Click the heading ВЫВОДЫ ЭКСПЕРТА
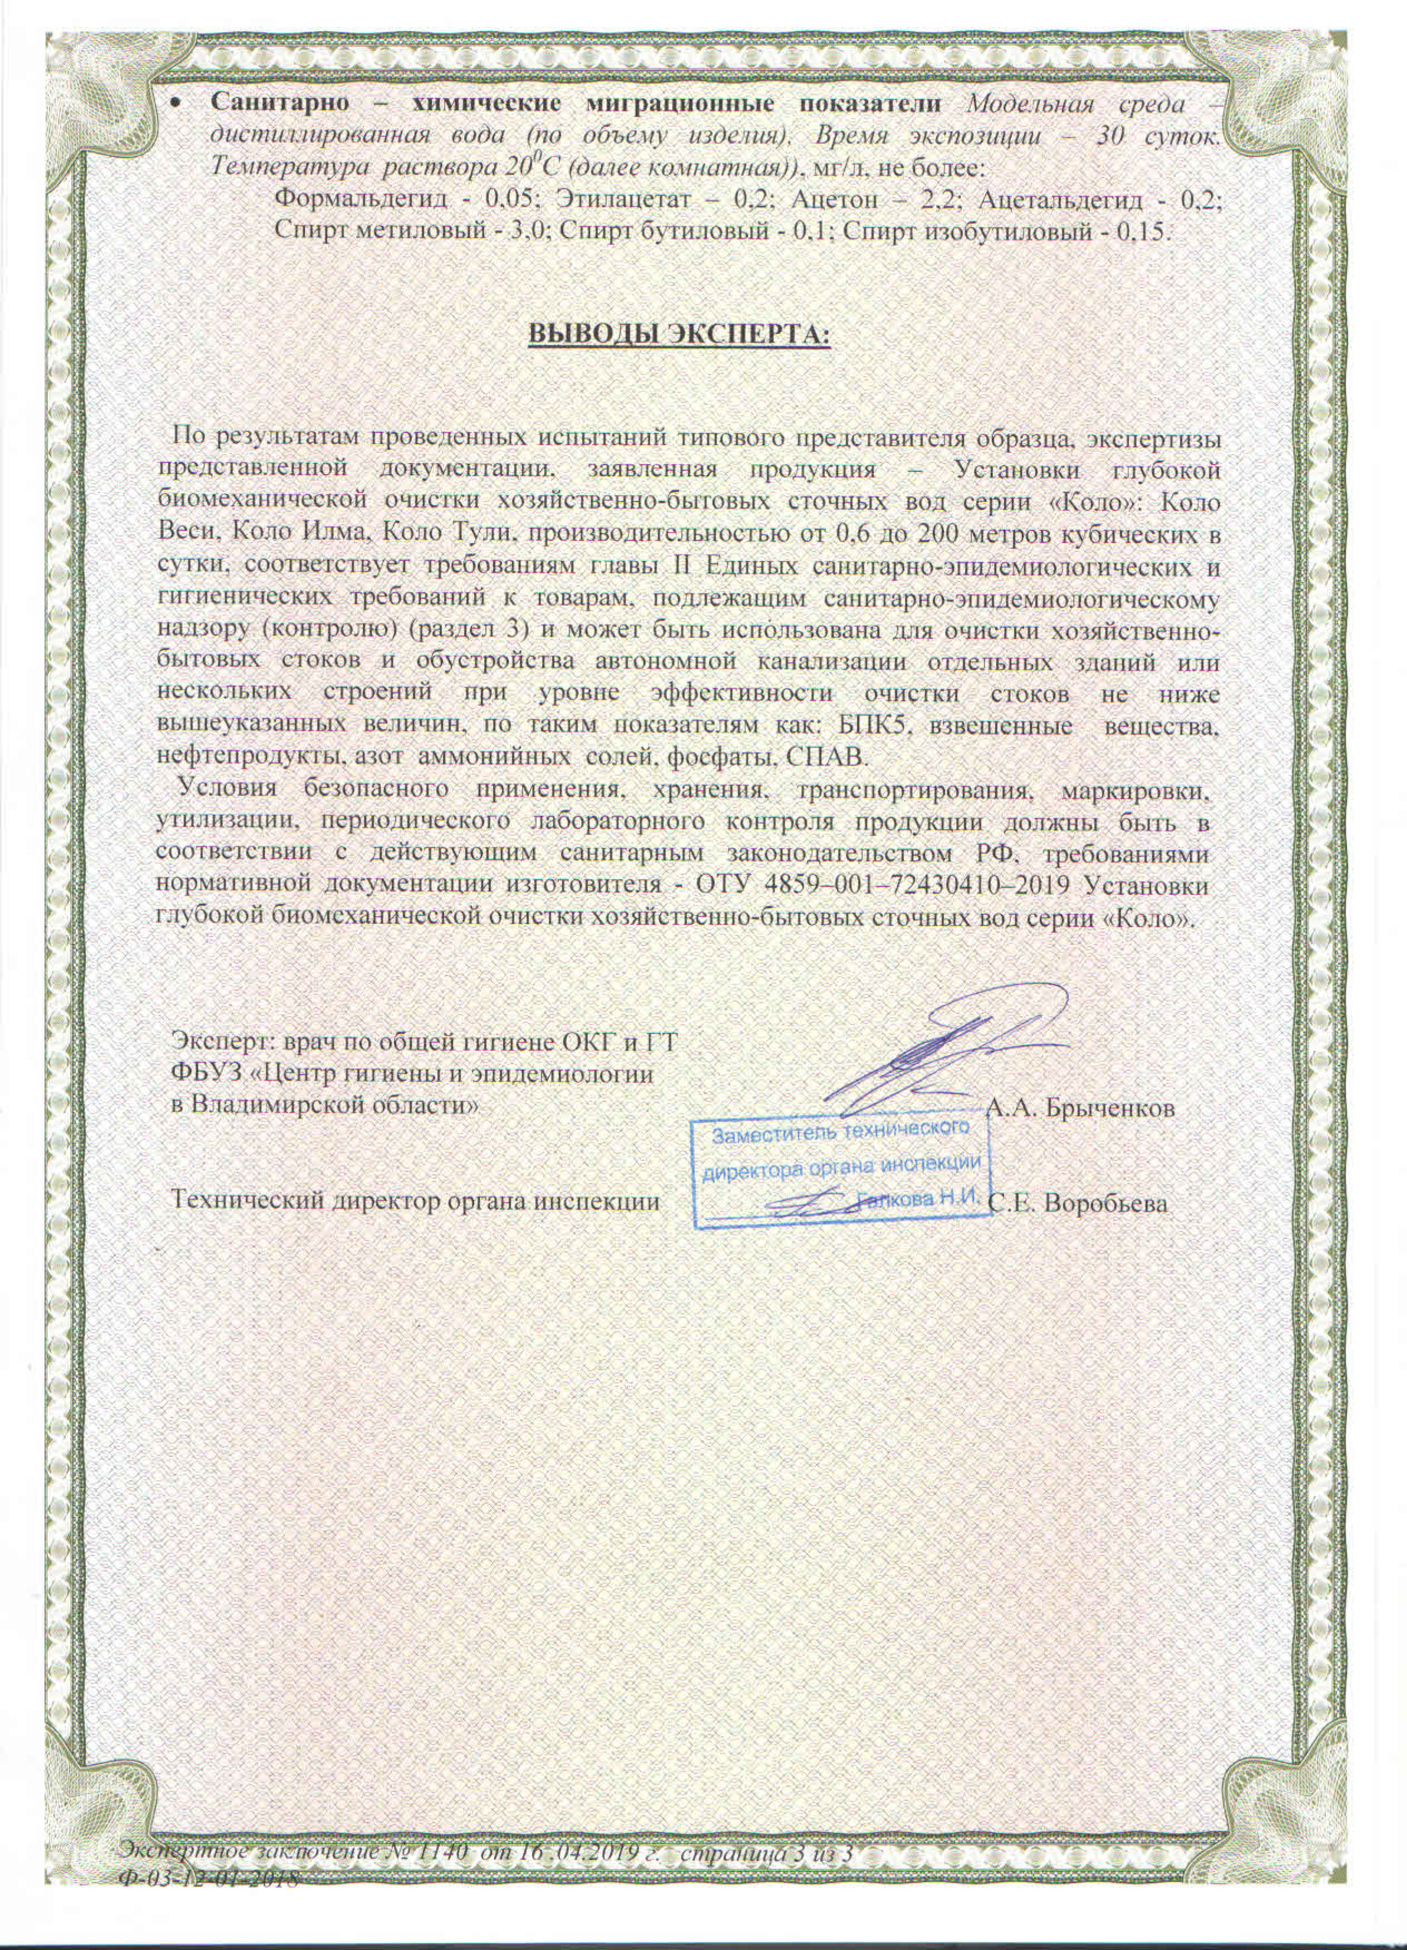pos(679,334)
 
